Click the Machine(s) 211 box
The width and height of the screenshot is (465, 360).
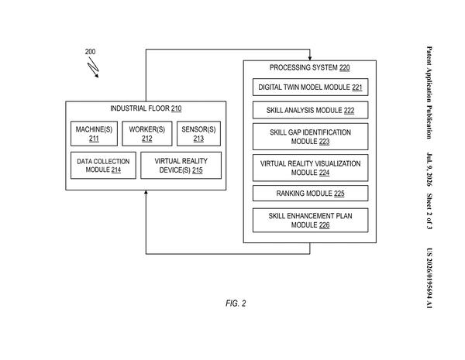coord(94,134)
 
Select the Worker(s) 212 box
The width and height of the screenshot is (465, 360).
coord(147,134)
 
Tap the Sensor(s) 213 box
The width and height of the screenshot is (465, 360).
coord(198,134)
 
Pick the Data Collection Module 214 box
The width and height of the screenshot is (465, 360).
coord(103,166)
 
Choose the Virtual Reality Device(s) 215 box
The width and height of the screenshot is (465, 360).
coord(181,166)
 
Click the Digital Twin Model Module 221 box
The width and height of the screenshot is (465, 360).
coord(310,87)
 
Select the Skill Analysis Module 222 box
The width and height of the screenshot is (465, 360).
coord(310,110)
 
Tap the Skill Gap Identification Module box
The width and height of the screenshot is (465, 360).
coord(310,136)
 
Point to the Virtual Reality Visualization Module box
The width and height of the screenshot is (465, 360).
coord(310,168)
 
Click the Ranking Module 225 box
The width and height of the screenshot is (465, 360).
coord(310,194)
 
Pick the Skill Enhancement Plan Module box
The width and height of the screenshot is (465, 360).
coord(310,220)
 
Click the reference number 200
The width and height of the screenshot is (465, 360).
coord(90,52)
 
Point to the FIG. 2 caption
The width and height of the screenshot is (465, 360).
coord(236,303)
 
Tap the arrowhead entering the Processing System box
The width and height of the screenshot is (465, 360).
coord(310,58)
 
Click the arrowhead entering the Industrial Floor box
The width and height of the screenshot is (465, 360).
coord(146,193)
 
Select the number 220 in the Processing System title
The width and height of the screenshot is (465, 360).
coord(345,67)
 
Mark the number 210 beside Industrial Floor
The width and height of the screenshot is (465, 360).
coord(176,108)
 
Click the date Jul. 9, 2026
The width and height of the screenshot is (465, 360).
coord(429,170)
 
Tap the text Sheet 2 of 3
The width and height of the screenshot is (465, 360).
coord(429,211)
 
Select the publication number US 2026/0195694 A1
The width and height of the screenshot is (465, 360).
coord(429,278)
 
